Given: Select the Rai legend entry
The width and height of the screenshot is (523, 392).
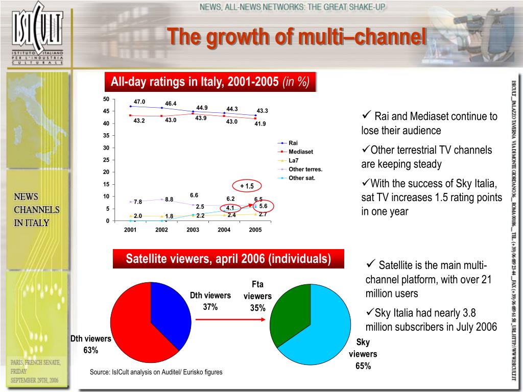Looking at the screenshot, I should pos(293,143).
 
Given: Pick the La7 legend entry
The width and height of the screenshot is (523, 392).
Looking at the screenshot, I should pos(294,160).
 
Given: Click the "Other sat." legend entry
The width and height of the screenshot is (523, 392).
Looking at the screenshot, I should pos(302,178).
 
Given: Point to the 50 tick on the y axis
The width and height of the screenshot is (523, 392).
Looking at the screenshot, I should pos(106,99).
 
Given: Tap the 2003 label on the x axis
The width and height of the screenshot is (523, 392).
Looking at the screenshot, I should pos(193,230).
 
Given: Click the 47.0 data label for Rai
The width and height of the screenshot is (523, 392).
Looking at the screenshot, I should pos(139,102).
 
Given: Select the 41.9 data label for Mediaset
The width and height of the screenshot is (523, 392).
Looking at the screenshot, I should pos(260,124).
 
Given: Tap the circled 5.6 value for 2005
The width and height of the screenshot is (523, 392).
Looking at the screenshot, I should pos(263,206).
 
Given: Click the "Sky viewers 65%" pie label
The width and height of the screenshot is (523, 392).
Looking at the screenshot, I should pos(363,354).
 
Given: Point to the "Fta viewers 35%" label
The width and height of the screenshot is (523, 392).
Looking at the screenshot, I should pos(257,296).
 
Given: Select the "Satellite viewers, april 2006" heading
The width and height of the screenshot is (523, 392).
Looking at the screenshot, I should pos(228,259).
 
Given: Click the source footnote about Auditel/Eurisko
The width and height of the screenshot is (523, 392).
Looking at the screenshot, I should pos(156,372).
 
